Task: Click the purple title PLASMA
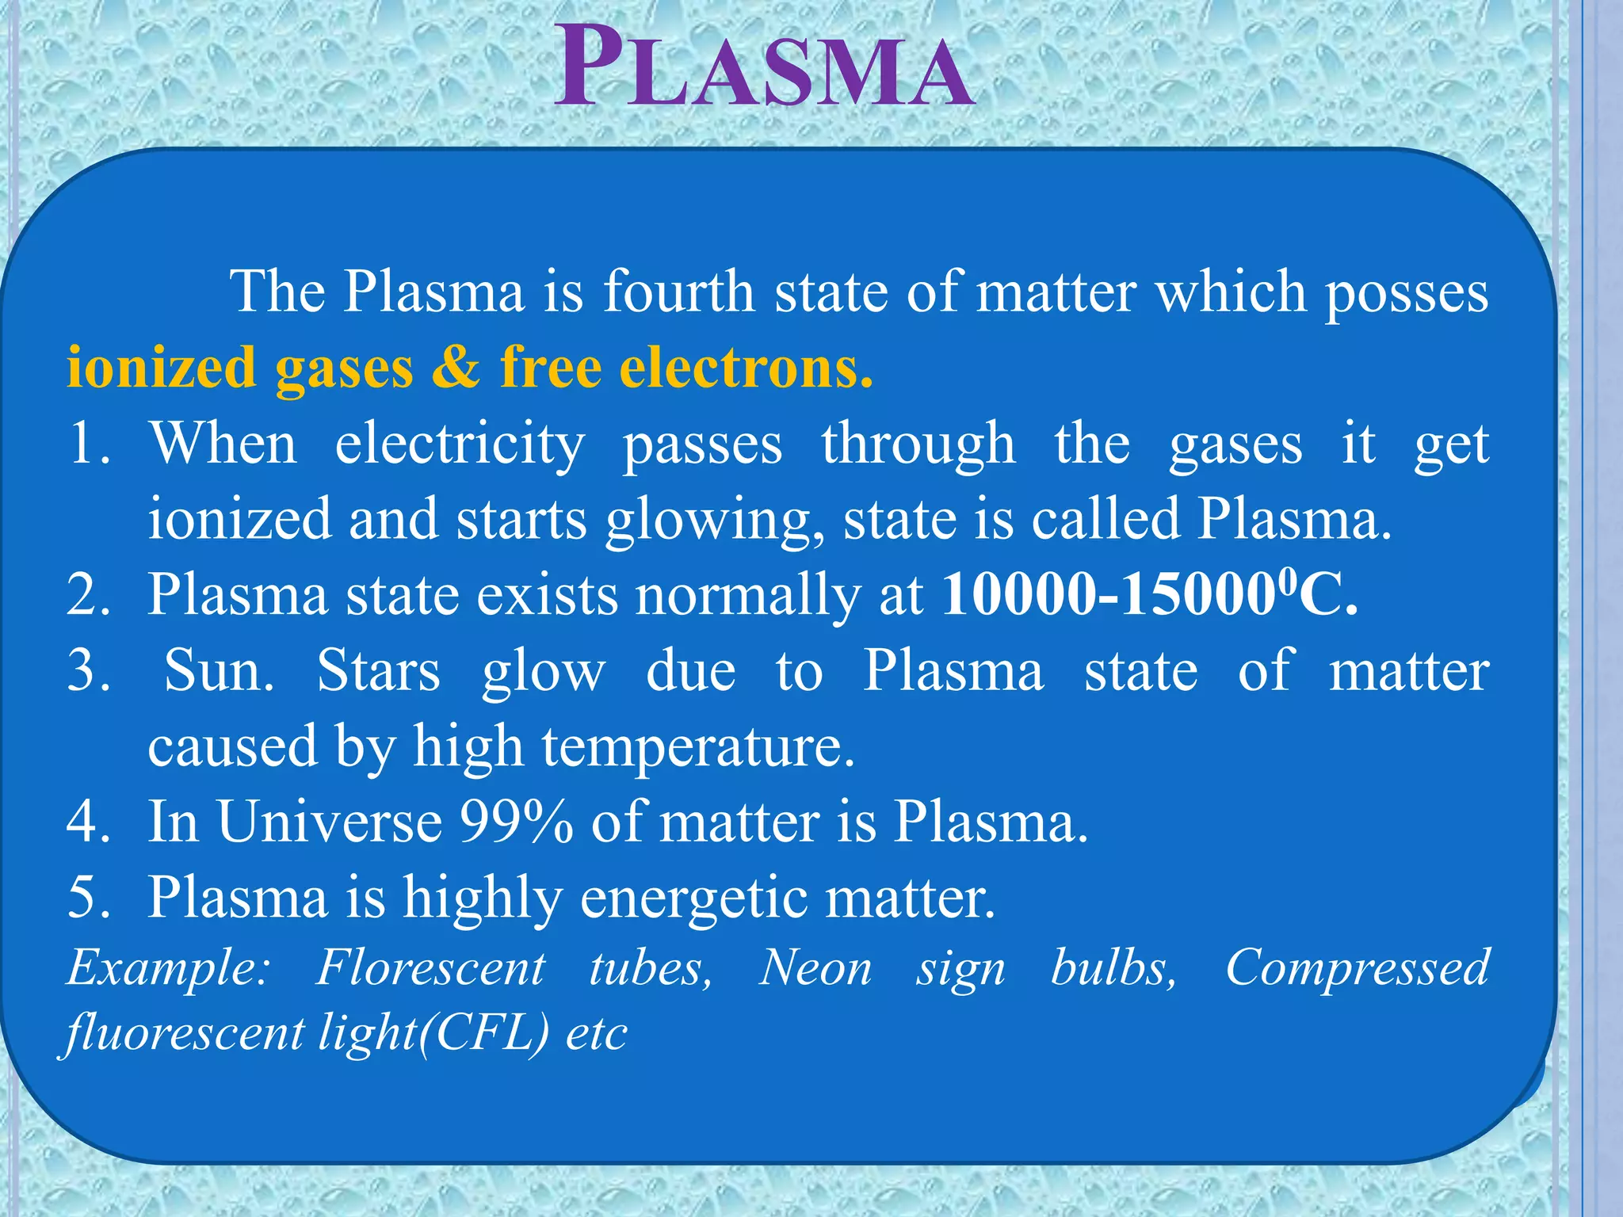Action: [763, 68]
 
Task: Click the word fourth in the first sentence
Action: [679, 292]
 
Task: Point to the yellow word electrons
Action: [746, 368]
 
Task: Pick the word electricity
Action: [460, 444]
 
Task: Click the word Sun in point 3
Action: [219, 671]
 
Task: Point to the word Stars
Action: [379, 671]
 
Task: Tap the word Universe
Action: [330, 822]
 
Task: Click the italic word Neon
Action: [815, 968]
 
